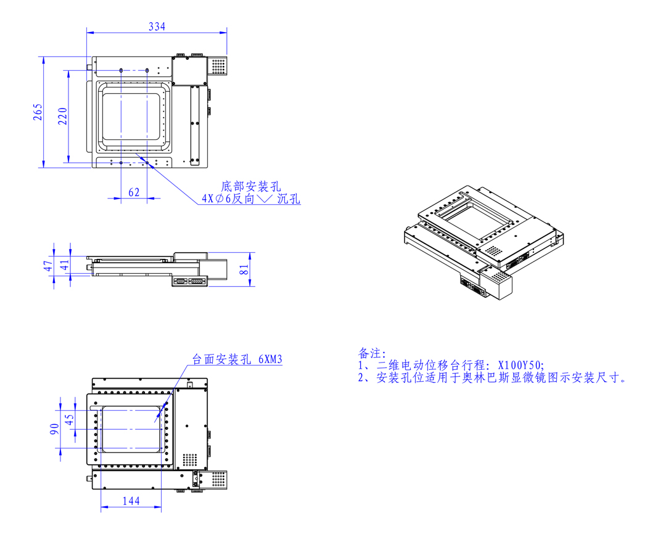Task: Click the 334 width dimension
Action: (x=157, y=27)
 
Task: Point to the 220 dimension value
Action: (x=62, y=116)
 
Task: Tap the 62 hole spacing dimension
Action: (x=134, y=192)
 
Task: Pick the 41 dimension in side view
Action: (x=64, y=266)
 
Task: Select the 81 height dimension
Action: (x=244, y=269)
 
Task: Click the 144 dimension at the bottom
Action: (x=131, y=501)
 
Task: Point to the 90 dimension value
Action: (x=54, y=427)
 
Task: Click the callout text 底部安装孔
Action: (x=250, y=185)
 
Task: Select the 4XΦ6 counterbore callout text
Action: (x=250, y=199)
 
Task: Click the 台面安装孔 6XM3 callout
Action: (x=237, y=359)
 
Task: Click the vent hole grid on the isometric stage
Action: (x=493, y=252)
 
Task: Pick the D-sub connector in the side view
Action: (x=181, y=281)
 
